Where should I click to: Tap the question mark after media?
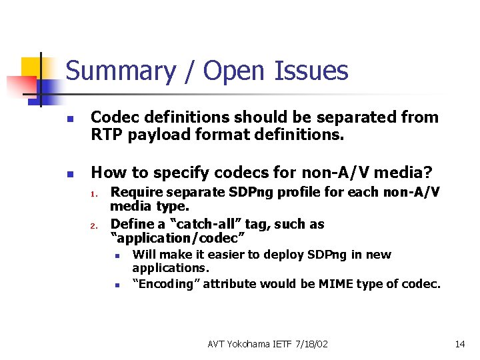point(428,173)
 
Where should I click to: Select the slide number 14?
point(459,343)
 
